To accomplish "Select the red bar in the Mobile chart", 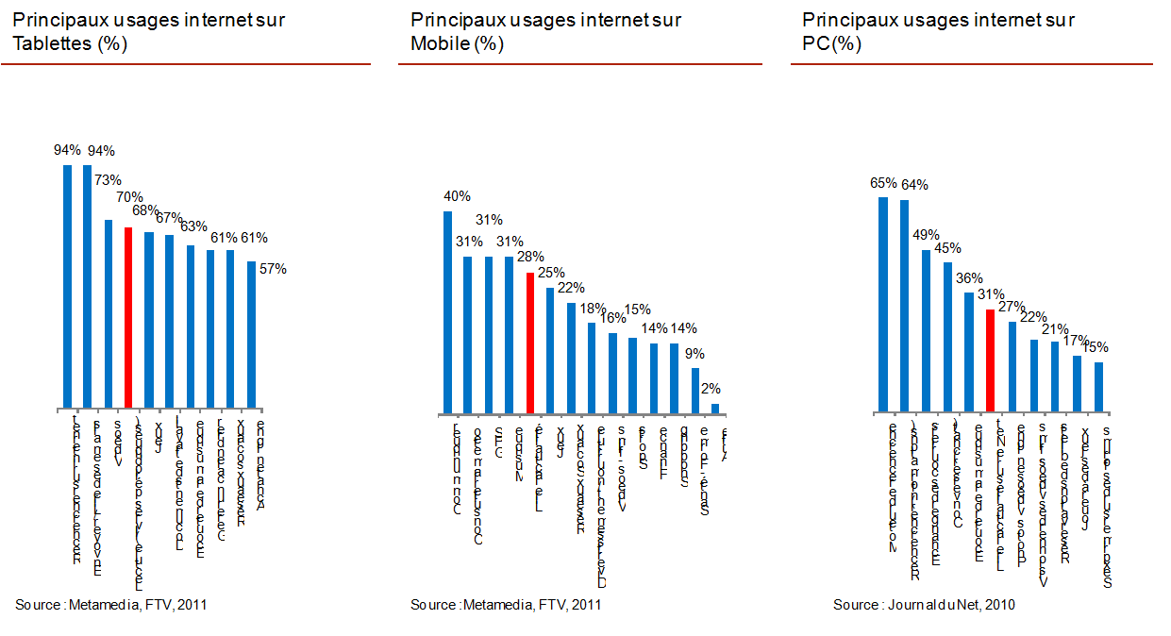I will (x=530, y=343).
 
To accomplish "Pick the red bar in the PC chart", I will (x=990, y=360).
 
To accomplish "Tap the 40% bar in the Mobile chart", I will (x=447, y=312).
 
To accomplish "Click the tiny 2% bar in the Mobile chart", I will (x=715, y=409).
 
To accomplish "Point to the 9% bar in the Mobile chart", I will (x=695, y=391).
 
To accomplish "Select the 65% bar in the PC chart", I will (x=883, y=305).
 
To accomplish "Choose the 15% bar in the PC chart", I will (x=1098, y=387).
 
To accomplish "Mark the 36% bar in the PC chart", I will (x=969, y=352).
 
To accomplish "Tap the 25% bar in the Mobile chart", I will (x=550, y=350).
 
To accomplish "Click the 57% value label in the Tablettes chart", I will (x=273, y=269).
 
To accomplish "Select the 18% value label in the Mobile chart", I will (x=593, y=308).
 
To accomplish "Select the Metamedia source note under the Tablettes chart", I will (x=110, y=604).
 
